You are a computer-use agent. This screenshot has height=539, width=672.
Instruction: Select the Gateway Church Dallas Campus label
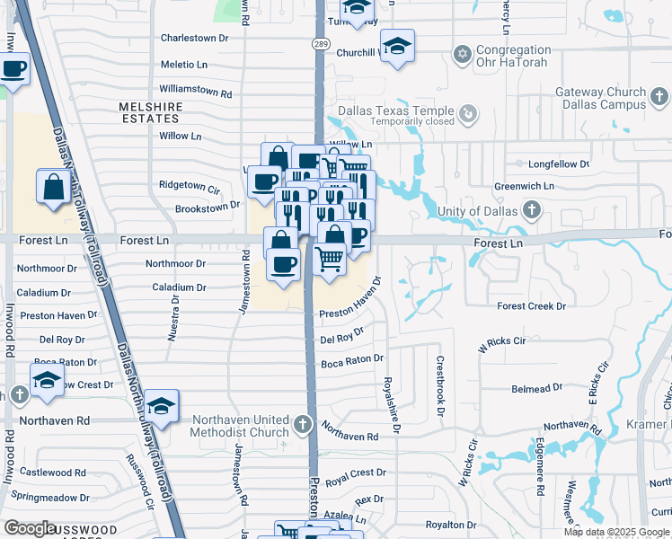coord(600,98)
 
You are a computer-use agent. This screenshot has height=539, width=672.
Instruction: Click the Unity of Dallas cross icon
coord(532,211)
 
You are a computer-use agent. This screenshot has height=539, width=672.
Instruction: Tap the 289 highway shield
coord(321,44)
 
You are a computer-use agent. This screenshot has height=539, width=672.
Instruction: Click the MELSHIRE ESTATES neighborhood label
coord(151,112)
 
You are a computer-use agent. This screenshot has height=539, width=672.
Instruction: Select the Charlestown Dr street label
coord(195,39)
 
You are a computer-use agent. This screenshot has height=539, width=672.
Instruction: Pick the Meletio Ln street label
coord(183,65)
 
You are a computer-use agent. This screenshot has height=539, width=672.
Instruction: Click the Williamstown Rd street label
coord(196,92)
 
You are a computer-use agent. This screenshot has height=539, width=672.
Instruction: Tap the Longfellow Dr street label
coord(559,164)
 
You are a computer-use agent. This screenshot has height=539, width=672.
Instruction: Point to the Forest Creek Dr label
coord(533,306)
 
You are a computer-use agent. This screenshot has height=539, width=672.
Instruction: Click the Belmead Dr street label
coord(536,387)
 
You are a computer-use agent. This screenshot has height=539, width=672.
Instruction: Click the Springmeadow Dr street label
coord(50,497)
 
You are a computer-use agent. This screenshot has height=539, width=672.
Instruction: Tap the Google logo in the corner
coord(30,528)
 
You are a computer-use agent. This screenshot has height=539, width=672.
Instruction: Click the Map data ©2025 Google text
coord(617,532)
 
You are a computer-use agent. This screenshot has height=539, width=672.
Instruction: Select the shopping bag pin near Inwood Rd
coord(53,187)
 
